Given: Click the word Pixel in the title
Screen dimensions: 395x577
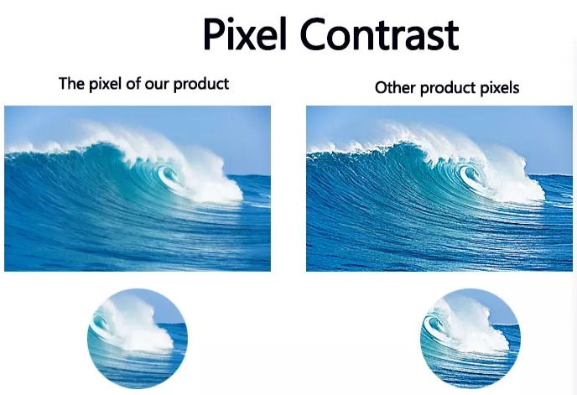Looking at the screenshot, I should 244,36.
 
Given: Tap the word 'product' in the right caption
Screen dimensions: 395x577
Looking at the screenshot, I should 448,88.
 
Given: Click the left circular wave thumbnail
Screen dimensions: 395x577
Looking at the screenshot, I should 138,339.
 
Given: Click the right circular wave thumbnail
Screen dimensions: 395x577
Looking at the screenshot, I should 470,339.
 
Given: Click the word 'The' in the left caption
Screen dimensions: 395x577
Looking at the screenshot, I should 70,84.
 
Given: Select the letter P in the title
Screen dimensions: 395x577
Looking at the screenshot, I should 214,36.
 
